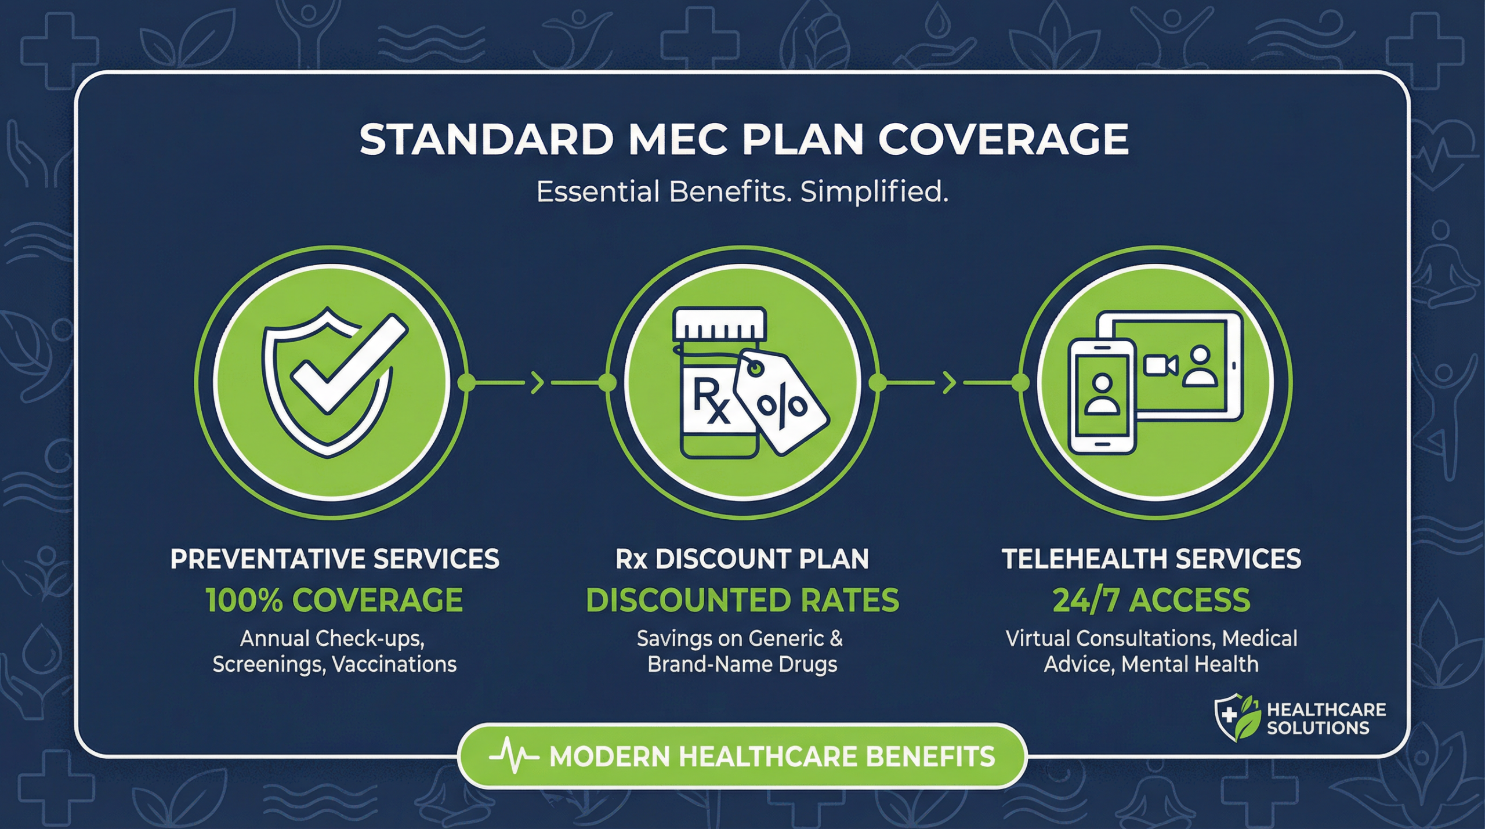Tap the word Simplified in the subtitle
[x=874, y=192]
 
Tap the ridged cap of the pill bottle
[x=720, y=325]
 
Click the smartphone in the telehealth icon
[x=1102, y=396]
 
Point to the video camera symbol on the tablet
[x=1160, y=365]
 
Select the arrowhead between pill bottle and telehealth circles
[x=949, y=383]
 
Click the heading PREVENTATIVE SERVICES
[x=335, y=559]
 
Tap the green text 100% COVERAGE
[x=335, y=600]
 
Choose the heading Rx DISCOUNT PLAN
[x=742, y=559]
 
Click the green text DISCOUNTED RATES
[x=742, y=600]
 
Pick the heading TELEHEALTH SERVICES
[x=1151, y=559]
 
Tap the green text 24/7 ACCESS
[x=1151, y=600]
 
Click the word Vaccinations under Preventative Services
[x=395, y=664]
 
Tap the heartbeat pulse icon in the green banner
[x=514, y=756]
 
